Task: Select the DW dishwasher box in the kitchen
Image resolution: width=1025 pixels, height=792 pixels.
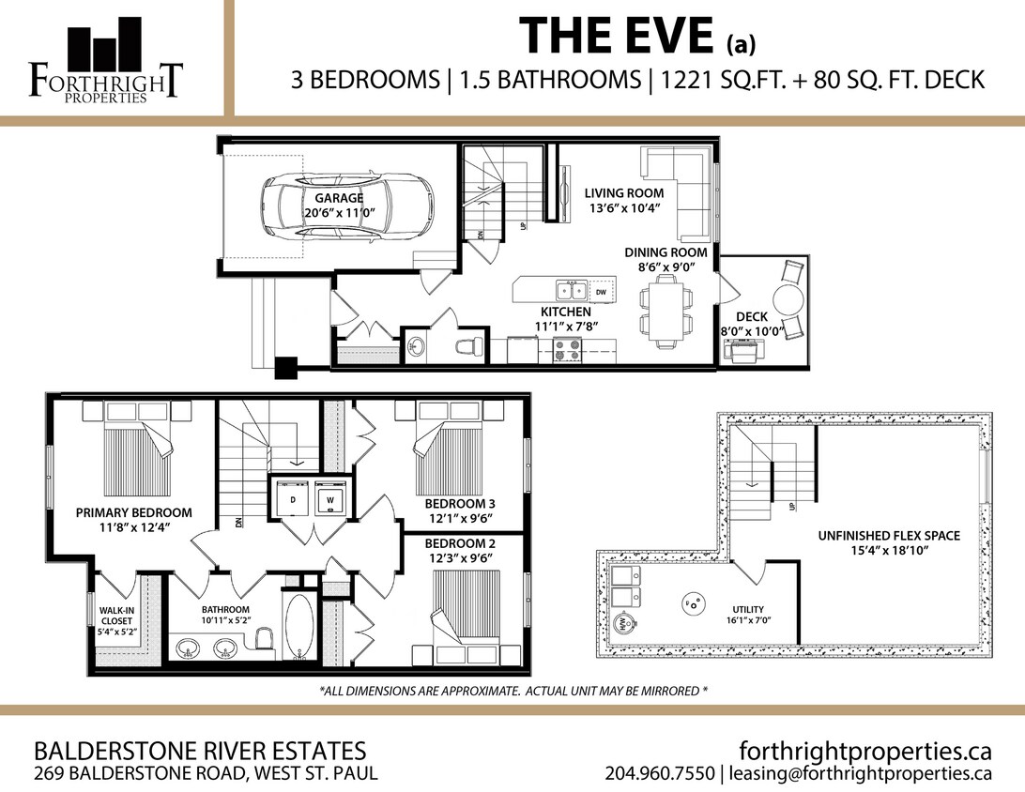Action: pos(602,292)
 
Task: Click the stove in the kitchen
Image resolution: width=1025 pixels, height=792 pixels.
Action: pos(567,350)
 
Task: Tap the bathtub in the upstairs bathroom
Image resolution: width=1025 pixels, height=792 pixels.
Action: pos(298,627)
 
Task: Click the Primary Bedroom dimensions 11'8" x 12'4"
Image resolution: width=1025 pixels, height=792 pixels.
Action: pos(133,527)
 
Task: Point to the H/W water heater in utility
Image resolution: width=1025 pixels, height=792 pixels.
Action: pos(621,624)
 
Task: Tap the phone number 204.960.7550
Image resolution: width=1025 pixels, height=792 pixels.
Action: pos(660,774)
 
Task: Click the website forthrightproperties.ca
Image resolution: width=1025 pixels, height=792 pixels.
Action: pos(864,751)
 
